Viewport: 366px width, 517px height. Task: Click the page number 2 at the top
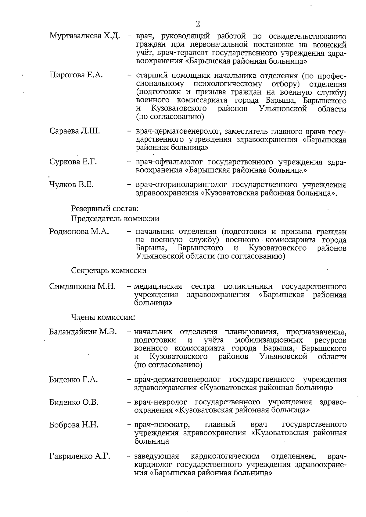coord(198,24)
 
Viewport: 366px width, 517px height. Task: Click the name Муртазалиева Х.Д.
coord(84,36)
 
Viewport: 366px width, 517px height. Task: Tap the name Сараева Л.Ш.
coord(74,131)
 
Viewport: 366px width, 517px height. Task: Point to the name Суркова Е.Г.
coord(73,162)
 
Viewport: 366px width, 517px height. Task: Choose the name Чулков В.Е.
coord(71,185)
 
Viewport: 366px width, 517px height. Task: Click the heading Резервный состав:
coord(105,209)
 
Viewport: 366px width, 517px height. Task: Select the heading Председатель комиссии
coord(115,219)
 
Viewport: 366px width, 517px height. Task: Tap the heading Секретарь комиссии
coord(109,270)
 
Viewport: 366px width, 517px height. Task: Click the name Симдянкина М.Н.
coord(82,287)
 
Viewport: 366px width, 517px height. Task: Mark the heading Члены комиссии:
coord(103,317)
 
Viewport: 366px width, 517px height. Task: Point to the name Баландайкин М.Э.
coord(83,332)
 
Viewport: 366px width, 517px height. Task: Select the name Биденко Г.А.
coord(73,379)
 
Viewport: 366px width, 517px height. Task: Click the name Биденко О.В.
coord(74,402)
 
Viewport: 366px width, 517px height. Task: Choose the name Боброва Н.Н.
coord(74,425)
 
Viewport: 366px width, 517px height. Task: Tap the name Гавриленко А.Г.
coord(80,456)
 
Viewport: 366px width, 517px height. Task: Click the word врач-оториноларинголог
coord(182,185)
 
